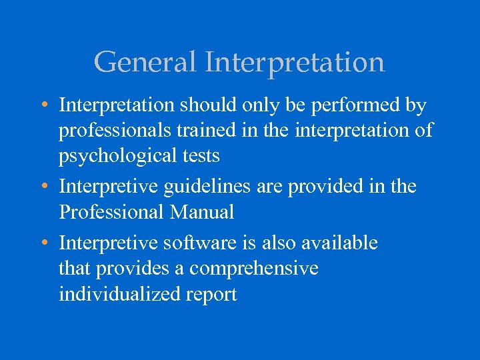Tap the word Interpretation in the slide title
[x=295, y=63]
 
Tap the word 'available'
[x=340, y=243]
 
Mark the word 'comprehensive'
[x=254, y=269]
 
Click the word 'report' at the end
[x=209, y=295]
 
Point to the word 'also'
[x=277, y=243]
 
